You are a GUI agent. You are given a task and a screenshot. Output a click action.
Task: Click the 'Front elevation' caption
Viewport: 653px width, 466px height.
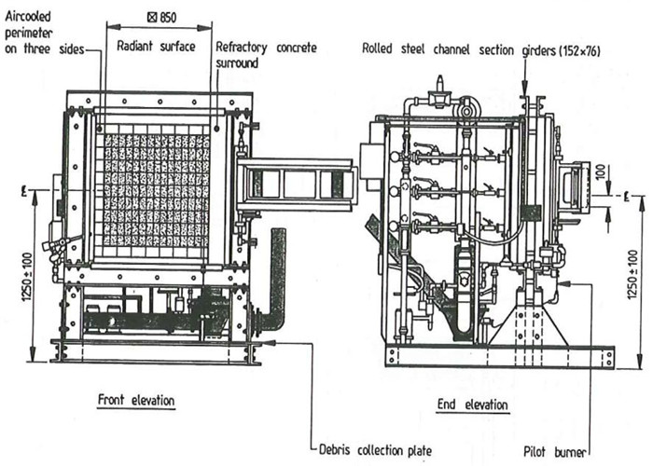click(136, 400)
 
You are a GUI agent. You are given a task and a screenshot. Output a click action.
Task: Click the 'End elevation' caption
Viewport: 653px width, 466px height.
click(473, 404)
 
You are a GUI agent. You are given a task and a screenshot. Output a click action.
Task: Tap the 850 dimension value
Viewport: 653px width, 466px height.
click(162, 18)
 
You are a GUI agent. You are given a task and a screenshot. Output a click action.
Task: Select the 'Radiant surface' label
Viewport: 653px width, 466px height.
click(156, 46)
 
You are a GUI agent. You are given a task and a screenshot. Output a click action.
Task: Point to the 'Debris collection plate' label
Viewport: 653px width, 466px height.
click(375, 450)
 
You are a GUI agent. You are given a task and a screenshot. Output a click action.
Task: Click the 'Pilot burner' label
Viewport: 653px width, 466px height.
click(555, 452)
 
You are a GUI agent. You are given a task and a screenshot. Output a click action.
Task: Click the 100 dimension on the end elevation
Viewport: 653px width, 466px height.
click(600, 171)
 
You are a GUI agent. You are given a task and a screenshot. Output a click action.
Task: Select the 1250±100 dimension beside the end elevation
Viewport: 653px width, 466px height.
click(632, 274)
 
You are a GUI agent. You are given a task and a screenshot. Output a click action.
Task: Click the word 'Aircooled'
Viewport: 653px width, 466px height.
click(28, 17)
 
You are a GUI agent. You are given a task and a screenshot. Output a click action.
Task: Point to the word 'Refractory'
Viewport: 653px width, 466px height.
click(241, 47)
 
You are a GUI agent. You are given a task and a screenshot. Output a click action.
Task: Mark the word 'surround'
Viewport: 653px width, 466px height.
click(237, 63)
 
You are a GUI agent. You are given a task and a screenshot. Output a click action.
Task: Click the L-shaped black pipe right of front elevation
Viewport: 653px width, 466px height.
click(275, 283)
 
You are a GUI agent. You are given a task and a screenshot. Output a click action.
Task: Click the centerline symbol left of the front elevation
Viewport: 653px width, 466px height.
click(24, 192)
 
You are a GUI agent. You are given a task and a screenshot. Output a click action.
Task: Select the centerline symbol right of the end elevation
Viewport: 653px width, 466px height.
click(626, 197)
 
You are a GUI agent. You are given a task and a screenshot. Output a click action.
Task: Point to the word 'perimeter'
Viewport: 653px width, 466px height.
click(29, 34)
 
